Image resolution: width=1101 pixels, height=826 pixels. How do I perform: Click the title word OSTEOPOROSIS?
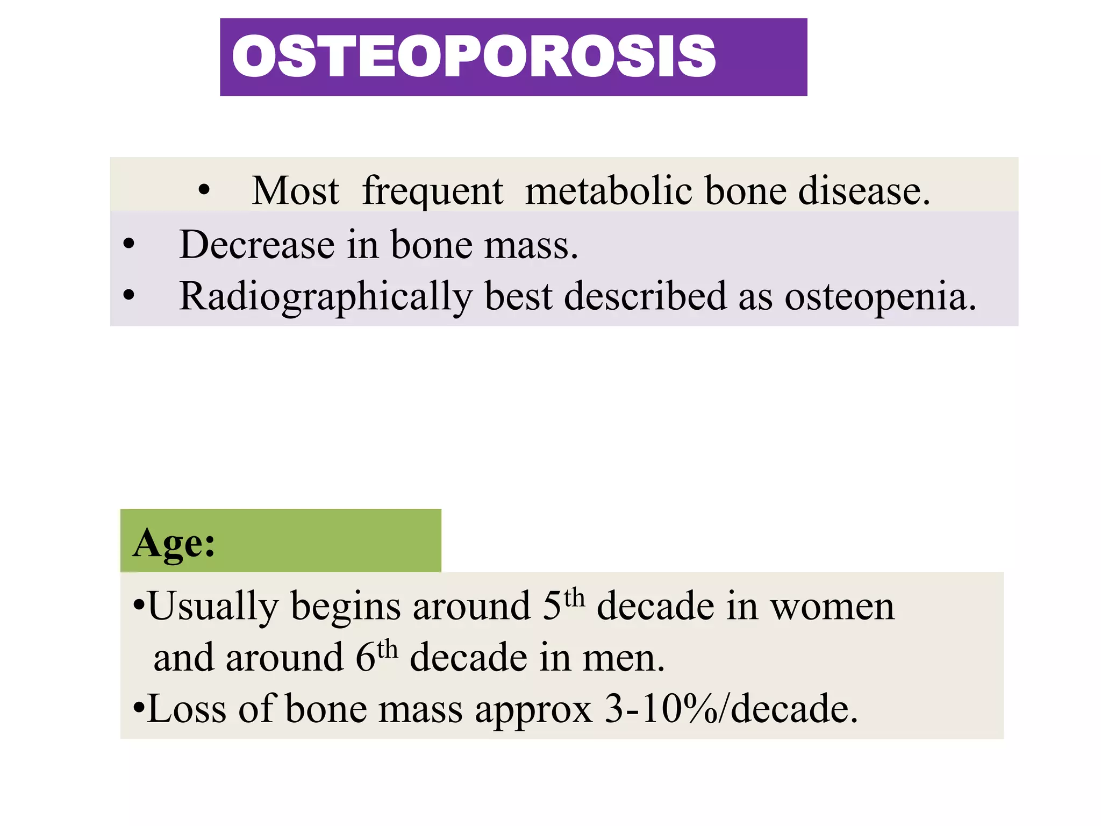(473, 56)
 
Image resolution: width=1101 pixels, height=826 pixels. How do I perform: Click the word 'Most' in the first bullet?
(295, 191)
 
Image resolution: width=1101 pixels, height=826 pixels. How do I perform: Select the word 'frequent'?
(433, 192)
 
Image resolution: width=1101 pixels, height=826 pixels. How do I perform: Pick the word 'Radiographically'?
(326, 297)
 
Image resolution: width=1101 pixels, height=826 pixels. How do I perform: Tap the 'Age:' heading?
(174, 543)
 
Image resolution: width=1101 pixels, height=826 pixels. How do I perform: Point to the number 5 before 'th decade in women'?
(552, 606)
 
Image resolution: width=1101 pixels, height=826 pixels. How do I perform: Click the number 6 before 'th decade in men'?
(365, 657)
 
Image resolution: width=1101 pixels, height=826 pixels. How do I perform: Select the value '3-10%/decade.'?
(731, 709)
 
